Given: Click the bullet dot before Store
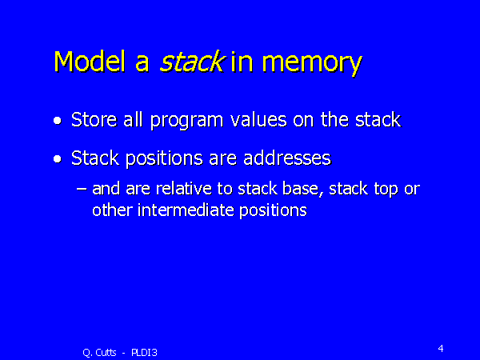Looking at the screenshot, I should [x=57, y=122].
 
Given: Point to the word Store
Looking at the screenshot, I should [x=92, y=121].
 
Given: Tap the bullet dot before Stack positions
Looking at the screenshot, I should [x=57, y=160].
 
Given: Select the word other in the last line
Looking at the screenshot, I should [x=109, y=210].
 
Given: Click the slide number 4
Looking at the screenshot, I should [x=441, y=348].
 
